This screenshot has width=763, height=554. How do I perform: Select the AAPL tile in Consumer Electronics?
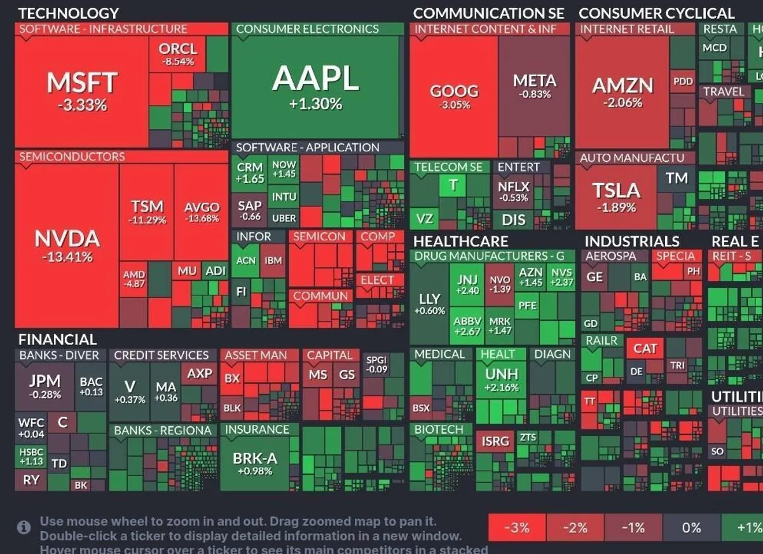coord(315,86)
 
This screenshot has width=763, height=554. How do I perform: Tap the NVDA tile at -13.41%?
coord(67,245)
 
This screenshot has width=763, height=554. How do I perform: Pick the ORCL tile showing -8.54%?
coord(178,54)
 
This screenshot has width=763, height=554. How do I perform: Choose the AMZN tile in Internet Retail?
coord(622,91)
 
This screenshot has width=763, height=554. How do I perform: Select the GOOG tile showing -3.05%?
coord(453,96)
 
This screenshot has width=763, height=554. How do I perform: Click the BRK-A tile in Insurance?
coord(255,463)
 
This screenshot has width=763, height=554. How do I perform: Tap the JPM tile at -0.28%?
coord(45,386)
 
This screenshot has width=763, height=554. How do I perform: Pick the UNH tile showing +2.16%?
coord(501,379)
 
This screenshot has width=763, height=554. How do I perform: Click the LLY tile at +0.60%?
coord(429,304)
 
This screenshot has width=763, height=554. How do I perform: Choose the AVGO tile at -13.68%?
coord(202,212)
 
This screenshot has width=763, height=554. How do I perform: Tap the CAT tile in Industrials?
coord(645,349)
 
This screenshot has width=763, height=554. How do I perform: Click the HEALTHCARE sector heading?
coord(460,241)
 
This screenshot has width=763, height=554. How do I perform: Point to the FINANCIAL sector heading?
coord(57,339)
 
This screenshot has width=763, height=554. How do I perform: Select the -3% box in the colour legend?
coord(516,528)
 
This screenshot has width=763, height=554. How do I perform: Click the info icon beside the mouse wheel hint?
coord(24,527)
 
